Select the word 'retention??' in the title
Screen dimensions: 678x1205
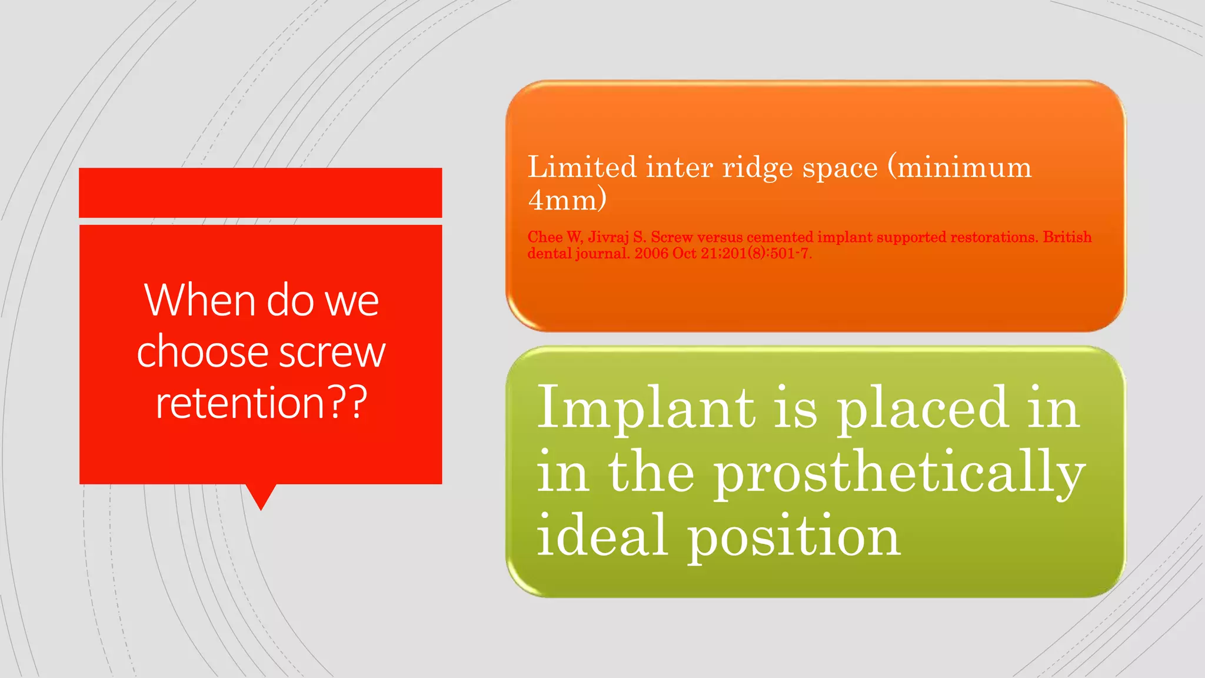[261, 403]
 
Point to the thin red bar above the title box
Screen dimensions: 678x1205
[261, 192]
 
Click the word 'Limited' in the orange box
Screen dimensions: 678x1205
[581, 167]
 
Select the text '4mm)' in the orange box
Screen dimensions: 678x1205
[567, 200]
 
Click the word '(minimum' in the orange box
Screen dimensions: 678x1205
[960, 168]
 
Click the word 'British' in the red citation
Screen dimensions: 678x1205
[1067, 237]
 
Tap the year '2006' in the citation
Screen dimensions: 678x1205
[651, 254]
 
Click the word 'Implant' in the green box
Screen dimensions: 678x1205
[646, 408]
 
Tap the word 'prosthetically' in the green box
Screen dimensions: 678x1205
[899, 473]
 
